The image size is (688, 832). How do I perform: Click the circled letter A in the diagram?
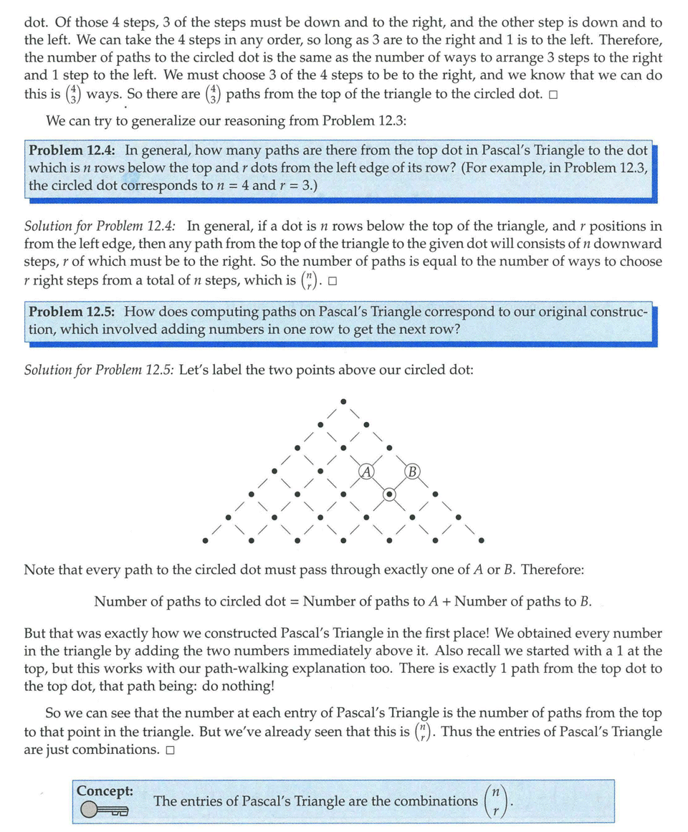point(366,472)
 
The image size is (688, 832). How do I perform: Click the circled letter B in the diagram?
point(412,472)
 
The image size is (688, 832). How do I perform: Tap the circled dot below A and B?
point(389,494)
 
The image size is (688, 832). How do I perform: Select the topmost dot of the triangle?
point(344,401)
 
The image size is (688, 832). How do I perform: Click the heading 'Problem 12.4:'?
point(74,150)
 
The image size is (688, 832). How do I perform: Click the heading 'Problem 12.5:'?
point(74,312)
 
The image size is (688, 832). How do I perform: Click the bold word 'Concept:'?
point(105,790)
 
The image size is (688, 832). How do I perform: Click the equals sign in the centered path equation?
point(294,601)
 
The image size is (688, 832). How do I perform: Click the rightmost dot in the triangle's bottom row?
point(481,540)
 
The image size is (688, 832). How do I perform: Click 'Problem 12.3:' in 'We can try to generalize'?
point(364,120)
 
